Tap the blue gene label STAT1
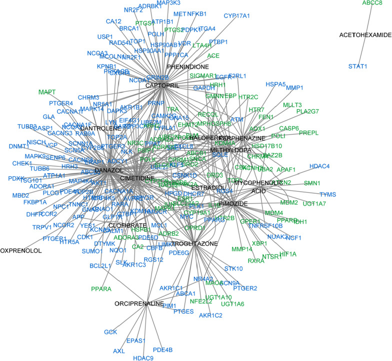[357, 66]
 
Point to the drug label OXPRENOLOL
[19, 250]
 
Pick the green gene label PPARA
[101, 289]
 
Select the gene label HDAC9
[143, 358]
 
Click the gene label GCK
[110, 332]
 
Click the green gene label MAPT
[47, 92]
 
